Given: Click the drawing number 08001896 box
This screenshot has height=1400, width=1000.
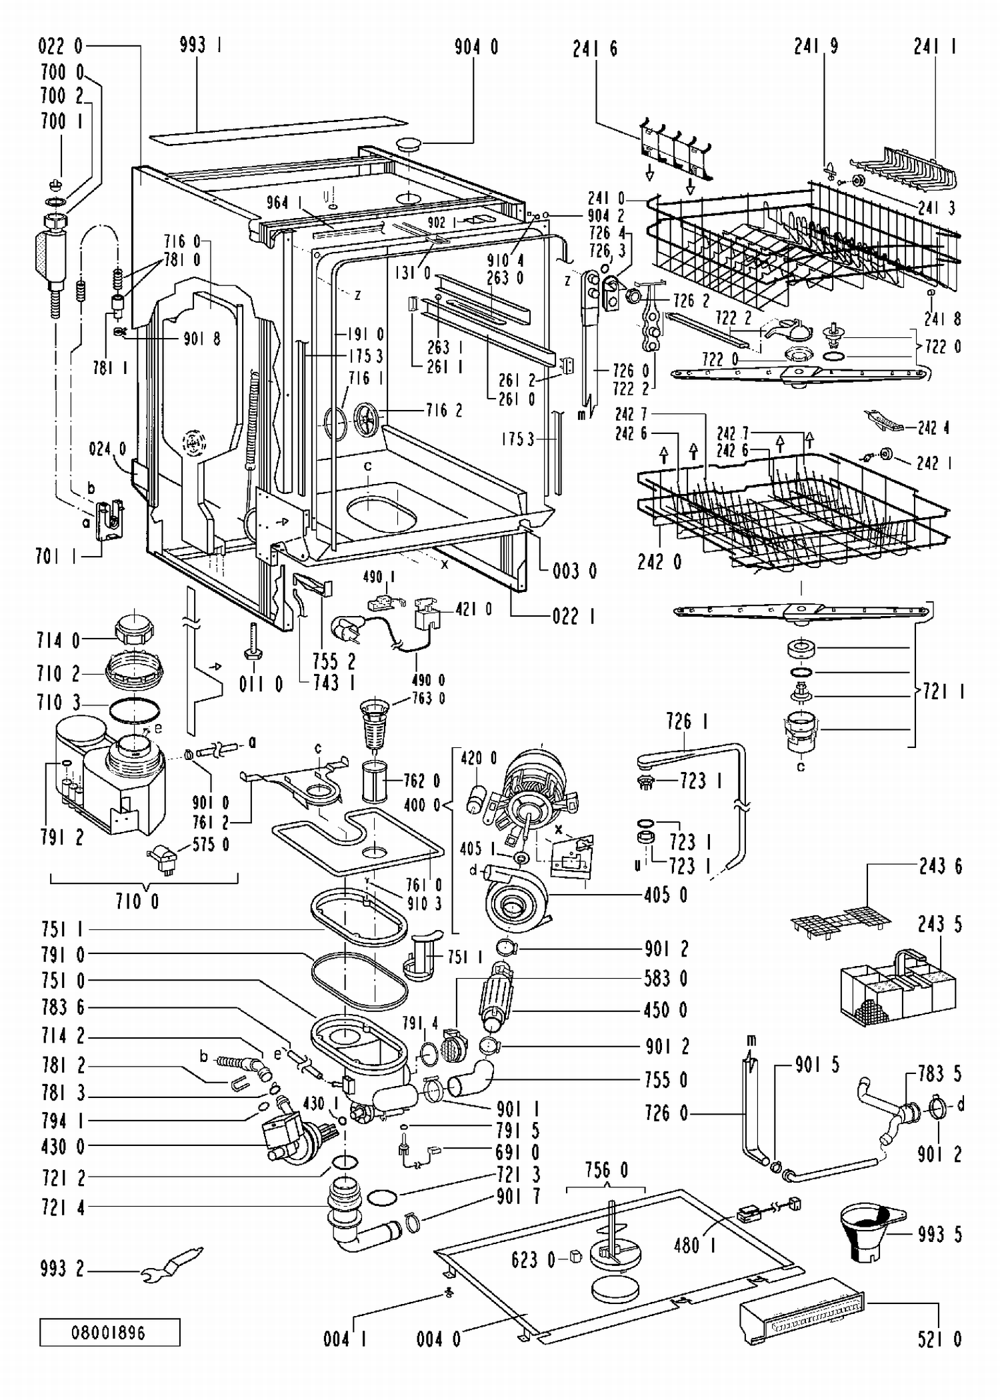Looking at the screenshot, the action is click(x=109, y=1332).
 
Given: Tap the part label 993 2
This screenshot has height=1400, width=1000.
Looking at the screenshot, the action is click(x=62, y=1269).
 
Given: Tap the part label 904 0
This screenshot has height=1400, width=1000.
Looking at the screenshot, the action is click(x=476, y=47).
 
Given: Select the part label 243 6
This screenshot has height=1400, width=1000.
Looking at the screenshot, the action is click(x=941, y=866).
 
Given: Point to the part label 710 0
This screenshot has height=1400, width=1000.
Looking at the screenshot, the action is click(x=137, y=902).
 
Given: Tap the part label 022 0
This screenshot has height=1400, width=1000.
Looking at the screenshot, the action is click(x=61, y=46).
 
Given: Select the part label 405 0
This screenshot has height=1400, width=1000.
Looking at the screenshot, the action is click(x=666, y=894).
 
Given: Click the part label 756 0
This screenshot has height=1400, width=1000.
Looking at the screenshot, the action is click(x=607, y=1170).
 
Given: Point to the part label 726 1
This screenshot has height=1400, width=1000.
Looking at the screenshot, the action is click(x=687, y=721).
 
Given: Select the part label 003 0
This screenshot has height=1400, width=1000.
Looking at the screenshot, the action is click(x=575, y=571).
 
